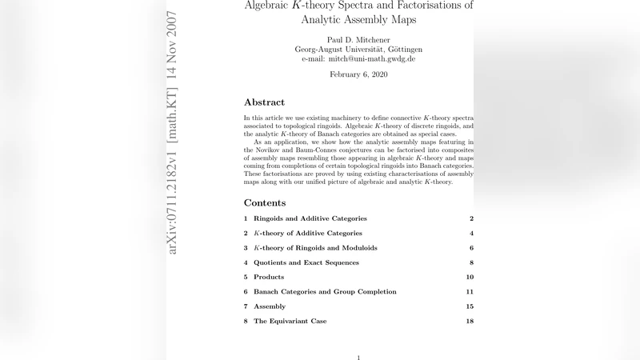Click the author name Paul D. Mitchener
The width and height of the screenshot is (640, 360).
358,38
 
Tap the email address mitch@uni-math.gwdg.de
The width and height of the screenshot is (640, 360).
358,58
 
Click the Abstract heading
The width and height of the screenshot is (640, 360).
264,102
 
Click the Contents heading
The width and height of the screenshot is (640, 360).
265,202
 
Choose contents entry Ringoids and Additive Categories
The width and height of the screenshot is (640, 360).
310,218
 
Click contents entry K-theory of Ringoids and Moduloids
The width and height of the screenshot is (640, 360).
315,248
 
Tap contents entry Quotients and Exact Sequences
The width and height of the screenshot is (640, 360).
306,262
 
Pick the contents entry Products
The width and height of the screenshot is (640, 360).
269,277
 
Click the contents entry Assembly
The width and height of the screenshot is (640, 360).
270,306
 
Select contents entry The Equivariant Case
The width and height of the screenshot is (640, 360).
290,321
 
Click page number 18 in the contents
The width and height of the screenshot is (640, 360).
470,321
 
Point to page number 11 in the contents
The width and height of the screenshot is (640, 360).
470,292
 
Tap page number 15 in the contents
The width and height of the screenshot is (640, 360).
470,306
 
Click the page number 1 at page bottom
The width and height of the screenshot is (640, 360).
358,357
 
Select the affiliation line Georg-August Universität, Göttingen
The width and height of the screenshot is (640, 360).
358,49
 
